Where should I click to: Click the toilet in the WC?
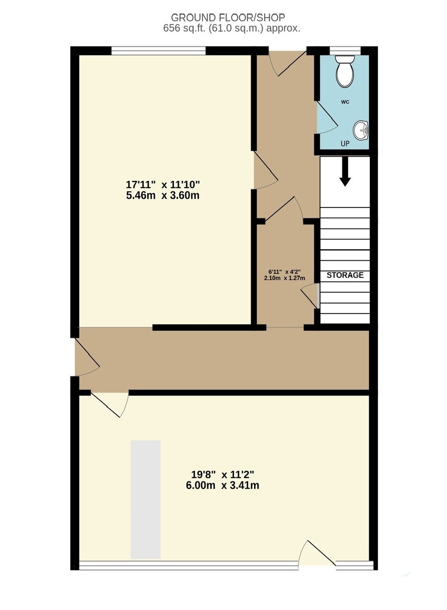344,72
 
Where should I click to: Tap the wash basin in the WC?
361,130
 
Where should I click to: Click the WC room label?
345,102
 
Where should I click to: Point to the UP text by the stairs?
345,144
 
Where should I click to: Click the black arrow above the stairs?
345,171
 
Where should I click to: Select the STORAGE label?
345,276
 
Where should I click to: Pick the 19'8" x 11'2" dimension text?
222,475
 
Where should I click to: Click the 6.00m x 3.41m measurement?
222,485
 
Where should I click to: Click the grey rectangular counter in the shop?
146,500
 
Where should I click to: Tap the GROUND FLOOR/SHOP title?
228,17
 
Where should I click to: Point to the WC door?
325,118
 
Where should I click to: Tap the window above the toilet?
345,50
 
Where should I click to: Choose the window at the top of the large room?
158,50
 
